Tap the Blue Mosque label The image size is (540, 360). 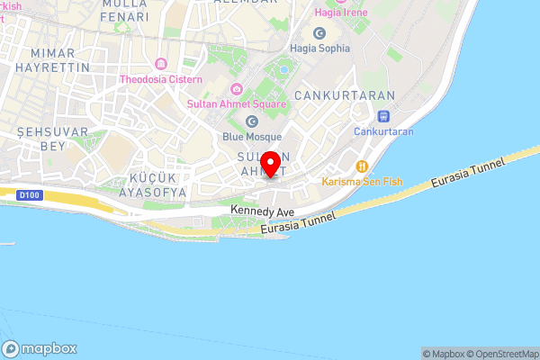[x=251, y=137]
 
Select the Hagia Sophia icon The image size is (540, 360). [x=319, y=32]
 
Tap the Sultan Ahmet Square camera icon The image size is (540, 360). [x=237, y=88]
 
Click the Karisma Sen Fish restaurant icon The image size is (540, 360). [x=362, y=166]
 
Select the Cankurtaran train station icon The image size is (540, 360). [x=384, y=116]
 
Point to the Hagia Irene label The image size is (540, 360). [x=341, y=13]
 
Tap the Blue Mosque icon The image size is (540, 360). [x=251, y=121]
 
